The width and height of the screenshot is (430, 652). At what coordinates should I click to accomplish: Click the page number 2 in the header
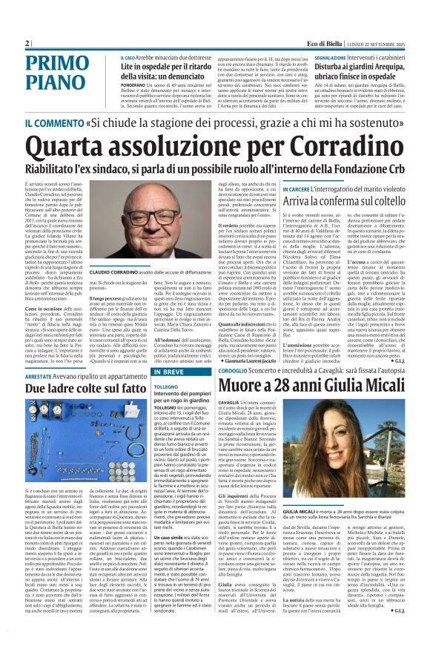tap(26, 43)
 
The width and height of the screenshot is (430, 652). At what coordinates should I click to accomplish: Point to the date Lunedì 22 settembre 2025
tap(384, 43)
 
